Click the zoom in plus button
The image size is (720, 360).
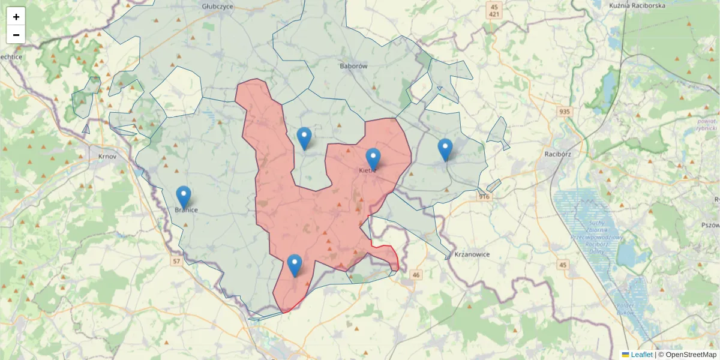(x=16, y=17)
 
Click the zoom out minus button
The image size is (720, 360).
(x=16, y=35)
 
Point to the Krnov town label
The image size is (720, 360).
(x=106, y=156)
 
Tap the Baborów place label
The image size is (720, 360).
(x=353, y=66)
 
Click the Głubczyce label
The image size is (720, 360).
(x=218, y=7)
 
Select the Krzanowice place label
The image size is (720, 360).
(x=472, y=254)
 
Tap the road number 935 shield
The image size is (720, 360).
(x=565, y=112)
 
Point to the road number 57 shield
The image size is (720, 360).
(x=176, y=262)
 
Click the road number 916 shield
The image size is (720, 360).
(x=485, y=196)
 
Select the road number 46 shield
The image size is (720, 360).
(x=416, y=275)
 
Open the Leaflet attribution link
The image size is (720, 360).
(x=641, y=355)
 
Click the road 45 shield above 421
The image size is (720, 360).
(x=494, y=5)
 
